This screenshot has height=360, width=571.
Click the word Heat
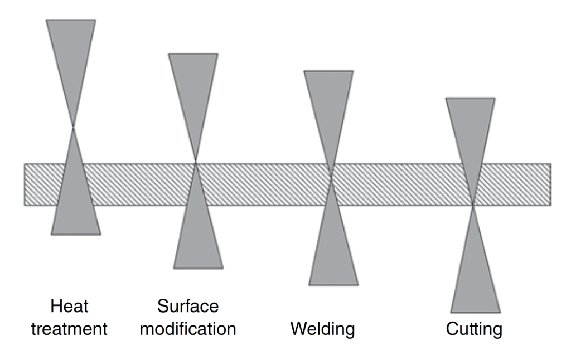pos(69,306)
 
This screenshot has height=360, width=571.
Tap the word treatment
pos(69,328)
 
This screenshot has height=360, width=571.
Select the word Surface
pos(188,306)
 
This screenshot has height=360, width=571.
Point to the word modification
pos(188,328)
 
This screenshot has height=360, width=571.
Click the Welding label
pos(322,328)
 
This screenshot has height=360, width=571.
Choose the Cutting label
pos(474,328)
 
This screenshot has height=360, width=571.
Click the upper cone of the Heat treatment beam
pos(71,56)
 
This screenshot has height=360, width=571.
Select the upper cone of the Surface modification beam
pos(193,89)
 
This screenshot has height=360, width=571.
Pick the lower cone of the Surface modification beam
pos(197,234)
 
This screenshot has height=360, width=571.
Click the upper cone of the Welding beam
pos(329,106)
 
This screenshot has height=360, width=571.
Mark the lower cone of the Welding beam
pos(333,251)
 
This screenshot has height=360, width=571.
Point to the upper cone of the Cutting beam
pos(471,134)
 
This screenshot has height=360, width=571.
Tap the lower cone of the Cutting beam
pos(475,279)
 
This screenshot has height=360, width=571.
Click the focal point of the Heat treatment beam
pos(73,127)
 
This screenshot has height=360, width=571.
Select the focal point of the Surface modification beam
pos(195,162)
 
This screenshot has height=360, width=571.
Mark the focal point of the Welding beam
pos(331,177)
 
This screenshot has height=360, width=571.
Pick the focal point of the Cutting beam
pos(473,205)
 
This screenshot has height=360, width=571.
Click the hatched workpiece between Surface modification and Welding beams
pos(262,184)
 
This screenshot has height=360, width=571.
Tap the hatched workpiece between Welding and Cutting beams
pos(401,184)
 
